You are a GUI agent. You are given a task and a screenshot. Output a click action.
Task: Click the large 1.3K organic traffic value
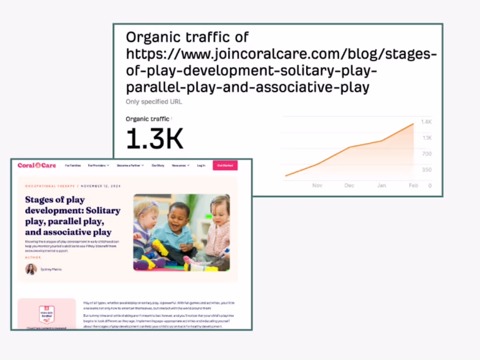(154, 139)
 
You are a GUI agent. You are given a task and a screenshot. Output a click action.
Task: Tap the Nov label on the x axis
(317, 185)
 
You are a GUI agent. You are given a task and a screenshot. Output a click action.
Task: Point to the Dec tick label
(349, 185)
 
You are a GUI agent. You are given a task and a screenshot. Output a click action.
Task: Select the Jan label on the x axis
(381, 185)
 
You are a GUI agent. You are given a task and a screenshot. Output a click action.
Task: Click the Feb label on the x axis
(413, 185)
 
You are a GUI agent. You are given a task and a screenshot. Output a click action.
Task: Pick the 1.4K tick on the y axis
(426, 122)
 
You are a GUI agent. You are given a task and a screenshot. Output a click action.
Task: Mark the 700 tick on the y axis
(426, 154)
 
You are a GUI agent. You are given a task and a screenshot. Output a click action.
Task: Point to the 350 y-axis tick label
(426, 170)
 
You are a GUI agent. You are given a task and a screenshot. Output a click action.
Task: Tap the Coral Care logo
(37, 165)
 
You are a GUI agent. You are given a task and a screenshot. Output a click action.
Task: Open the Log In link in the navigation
(201, 166)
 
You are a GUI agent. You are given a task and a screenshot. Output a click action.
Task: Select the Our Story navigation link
(158, 166)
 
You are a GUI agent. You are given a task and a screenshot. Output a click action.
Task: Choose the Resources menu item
(180, 166)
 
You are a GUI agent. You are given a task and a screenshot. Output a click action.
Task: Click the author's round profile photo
(31, 269)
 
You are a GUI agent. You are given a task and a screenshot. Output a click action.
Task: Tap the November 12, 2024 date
(101, 186)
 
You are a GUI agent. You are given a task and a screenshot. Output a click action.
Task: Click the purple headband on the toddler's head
(148, 206)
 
